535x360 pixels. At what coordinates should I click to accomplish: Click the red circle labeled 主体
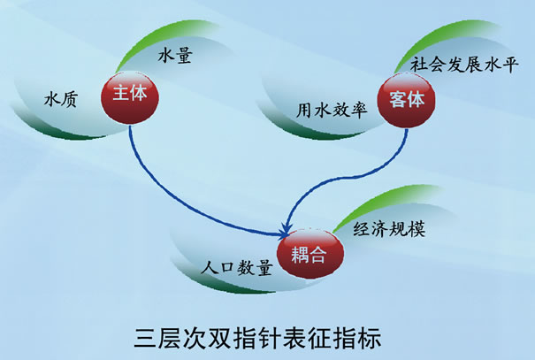pos(130,97)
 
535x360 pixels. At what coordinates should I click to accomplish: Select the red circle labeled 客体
pos(406,101)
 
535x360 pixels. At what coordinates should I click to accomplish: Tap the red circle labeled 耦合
pos(310,254)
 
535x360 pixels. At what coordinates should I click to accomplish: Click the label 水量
pos(175,55)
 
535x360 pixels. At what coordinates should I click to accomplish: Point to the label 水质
pos(61,99)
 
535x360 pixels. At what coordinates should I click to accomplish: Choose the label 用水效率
pos(332,111)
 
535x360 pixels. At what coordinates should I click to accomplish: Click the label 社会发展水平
pos(464,65)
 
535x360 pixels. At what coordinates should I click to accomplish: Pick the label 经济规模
pos(389,228)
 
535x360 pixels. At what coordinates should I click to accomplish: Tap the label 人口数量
pos(237,267)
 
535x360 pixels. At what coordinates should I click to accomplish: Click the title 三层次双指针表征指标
pos(257,338)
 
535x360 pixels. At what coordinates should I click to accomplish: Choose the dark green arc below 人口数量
pos(218,285)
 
